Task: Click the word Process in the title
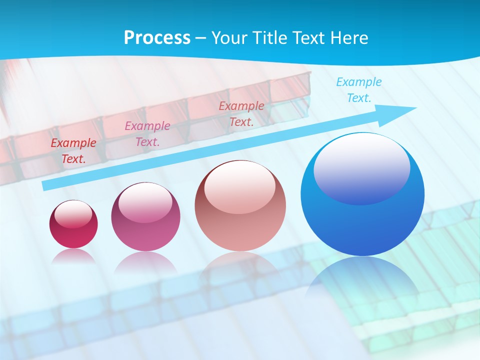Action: point(157,37)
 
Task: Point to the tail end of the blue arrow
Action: point(46,185)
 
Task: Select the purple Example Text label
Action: point(147,134)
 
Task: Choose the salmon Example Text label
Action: point(241,114)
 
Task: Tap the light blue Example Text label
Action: point(359,90)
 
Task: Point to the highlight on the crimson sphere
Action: point(73,214)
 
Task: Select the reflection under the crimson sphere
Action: point(73,256)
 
